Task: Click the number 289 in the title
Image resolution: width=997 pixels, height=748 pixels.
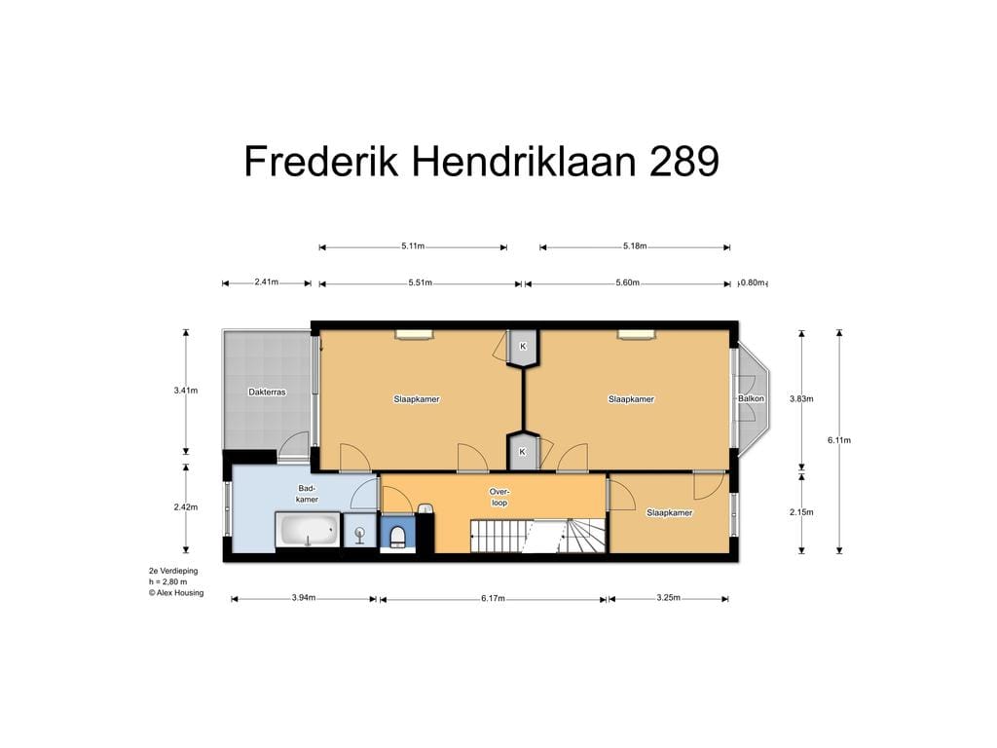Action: (683, 162)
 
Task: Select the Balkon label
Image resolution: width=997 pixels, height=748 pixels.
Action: (751, 398)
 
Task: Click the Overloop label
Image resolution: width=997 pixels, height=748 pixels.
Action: (499, 497)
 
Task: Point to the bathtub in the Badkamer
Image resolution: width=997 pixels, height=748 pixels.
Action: (307, 532)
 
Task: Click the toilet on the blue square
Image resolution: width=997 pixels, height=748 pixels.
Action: (397, 536)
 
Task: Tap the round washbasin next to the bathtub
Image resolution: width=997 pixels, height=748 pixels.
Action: (359, 534)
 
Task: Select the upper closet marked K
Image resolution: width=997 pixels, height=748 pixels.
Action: (523, 347)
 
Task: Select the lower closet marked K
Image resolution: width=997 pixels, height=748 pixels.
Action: (523, 451)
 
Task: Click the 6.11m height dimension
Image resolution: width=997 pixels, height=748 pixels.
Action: (839, 440)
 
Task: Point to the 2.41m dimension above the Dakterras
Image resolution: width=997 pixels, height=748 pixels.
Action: (266, 282)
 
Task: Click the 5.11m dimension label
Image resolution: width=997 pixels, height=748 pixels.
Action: (413, 246)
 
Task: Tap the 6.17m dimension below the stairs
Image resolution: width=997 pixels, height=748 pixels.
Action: (493, 598)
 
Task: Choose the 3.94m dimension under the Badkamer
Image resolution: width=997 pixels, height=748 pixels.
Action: (304, 598)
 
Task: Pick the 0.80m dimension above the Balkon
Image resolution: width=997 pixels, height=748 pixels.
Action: (753, 282)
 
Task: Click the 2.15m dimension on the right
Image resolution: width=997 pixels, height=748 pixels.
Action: (801, 512)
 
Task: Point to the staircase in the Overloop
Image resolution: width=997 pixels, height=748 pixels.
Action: (537, 535)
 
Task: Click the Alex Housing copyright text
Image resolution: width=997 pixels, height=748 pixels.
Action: (176, 592)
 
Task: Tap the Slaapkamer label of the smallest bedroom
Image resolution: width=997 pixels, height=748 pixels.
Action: (669, 512)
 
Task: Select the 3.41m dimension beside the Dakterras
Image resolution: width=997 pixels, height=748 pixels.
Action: (186, 391)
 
